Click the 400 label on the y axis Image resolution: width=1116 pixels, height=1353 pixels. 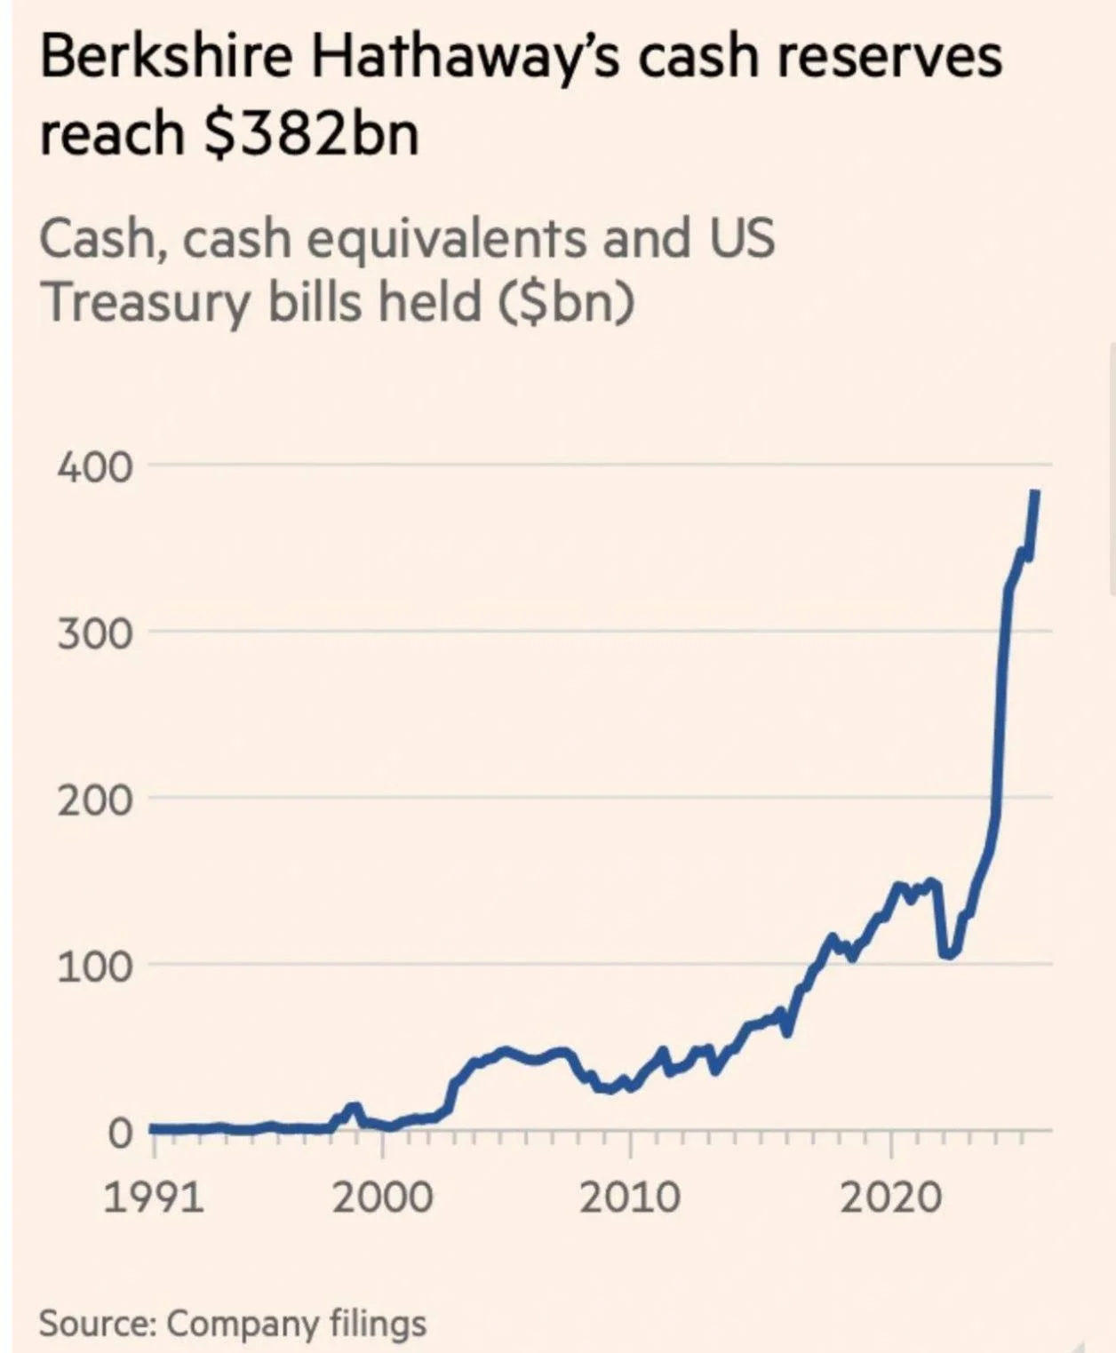pyautogui.click(x=95, y=466)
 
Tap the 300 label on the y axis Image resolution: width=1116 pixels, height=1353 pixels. pyautogui.click(x=95, y=633)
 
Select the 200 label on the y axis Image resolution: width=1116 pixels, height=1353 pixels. pyautogui.click(x=95, y=800)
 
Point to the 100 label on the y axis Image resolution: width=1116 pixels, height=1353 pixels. pyautogui.click(x=95, y=966)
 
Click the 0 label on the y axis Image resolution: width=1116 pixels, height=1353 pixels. pyautogui.click(x=120, y=1133)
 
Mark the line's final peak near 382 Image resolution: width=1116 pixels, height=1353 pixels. pyautogui.click(x=1035, y=494)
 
